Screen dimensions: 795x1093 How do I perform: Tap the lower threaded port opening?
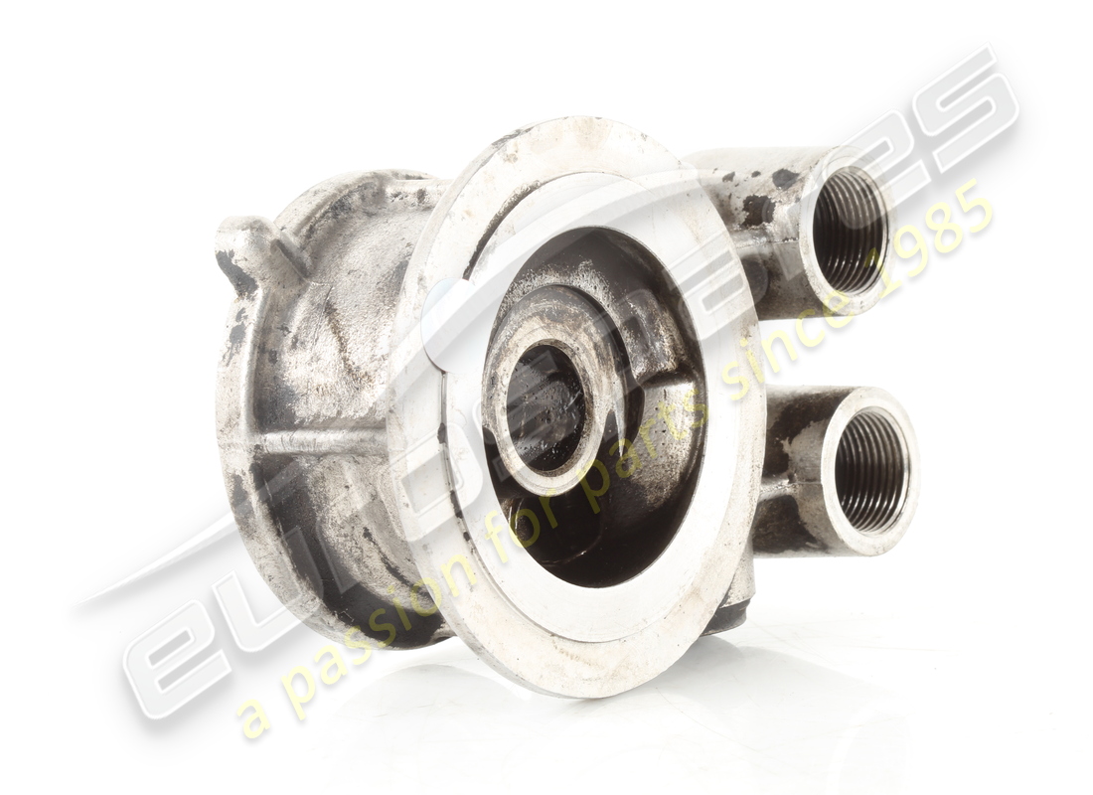(x=871, y=470)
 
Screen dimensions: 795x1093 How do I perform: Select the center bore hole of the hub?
(x=546, y=408)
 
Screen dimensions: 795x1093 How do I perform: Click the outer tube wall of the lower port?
(x=795, y=467)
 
